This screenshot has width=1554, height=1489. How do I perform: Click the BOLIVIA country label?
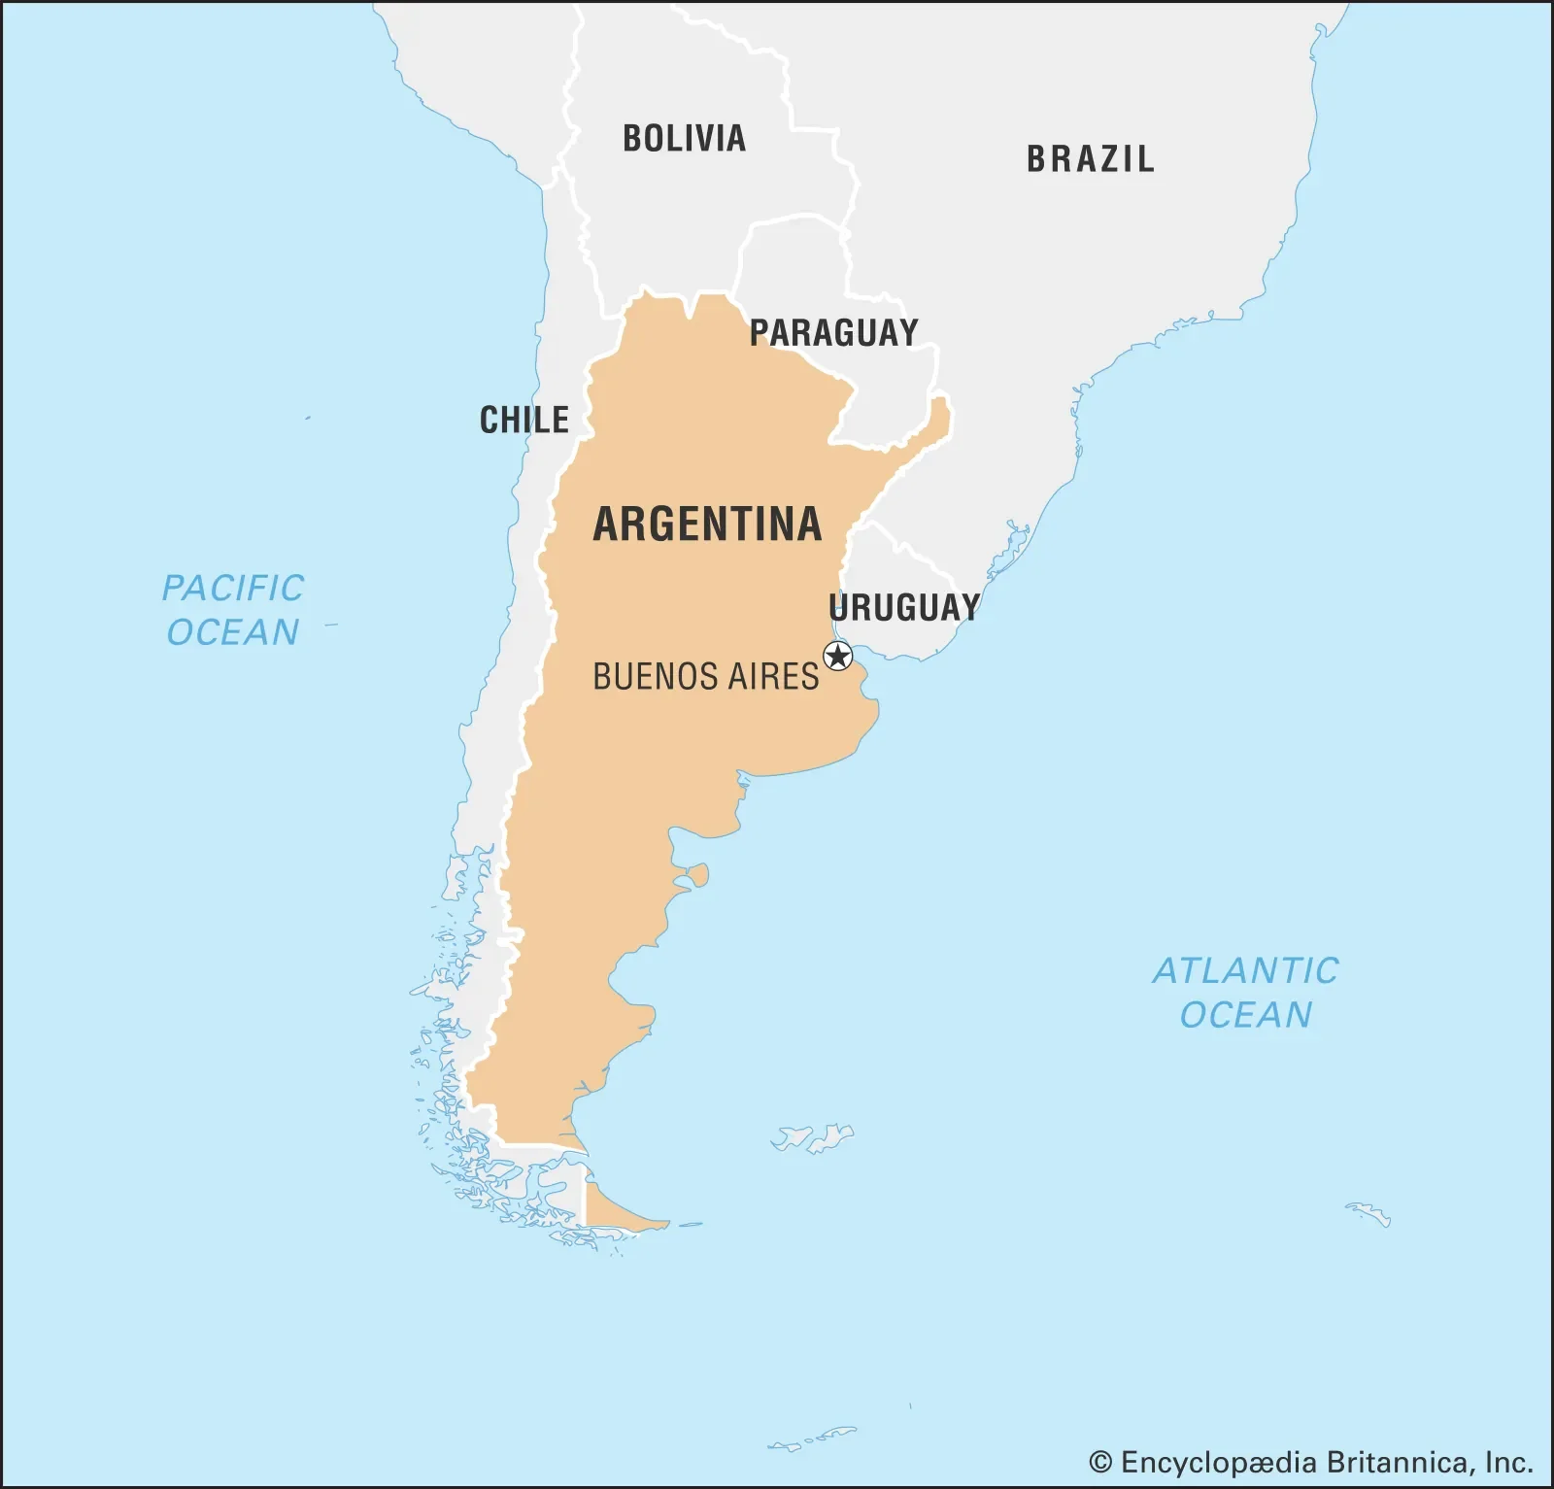pos(684,138)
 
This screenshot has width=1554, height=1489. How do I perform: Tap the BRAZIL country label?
pos(1091,159)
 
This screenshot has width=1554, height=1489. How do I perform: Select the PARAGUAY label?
pos(833,333)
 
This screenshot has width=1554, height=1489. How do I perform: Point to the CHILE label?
pos(524,420)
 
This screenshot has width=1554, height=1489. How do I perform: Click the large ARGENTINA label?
pos(707,525)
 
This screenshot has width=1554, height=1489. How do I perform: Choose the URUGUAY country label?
pos(904,608)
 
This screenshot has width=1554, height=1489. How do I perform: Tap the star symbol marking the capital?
pos(837,657)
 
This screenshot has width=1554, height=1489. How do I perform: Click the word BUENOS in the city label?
pos(648,676)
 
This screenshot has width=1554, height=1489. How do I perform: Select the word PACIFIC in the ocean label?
pos(232,589)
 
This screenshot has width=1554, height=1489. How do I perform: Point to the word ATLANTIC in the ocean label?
pos(1245,971)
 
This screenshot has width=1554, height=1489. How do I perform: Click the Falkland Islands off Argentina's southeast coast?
pos(814,1137)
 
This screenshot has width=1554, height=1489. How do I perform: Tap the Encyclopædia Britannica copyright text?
pos(1310,1462)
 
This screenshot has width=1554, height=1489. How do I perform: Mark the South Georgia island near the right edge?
pos(1369,1213)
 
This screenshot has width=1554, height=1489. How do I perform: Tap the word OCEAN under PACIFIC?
pos(232,632)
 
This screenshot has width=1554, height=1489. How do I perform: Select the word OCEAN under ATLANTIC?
pos(1245,1015)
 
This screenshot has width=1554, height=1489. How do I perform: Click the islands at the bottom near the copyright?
pos(814,1438)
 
